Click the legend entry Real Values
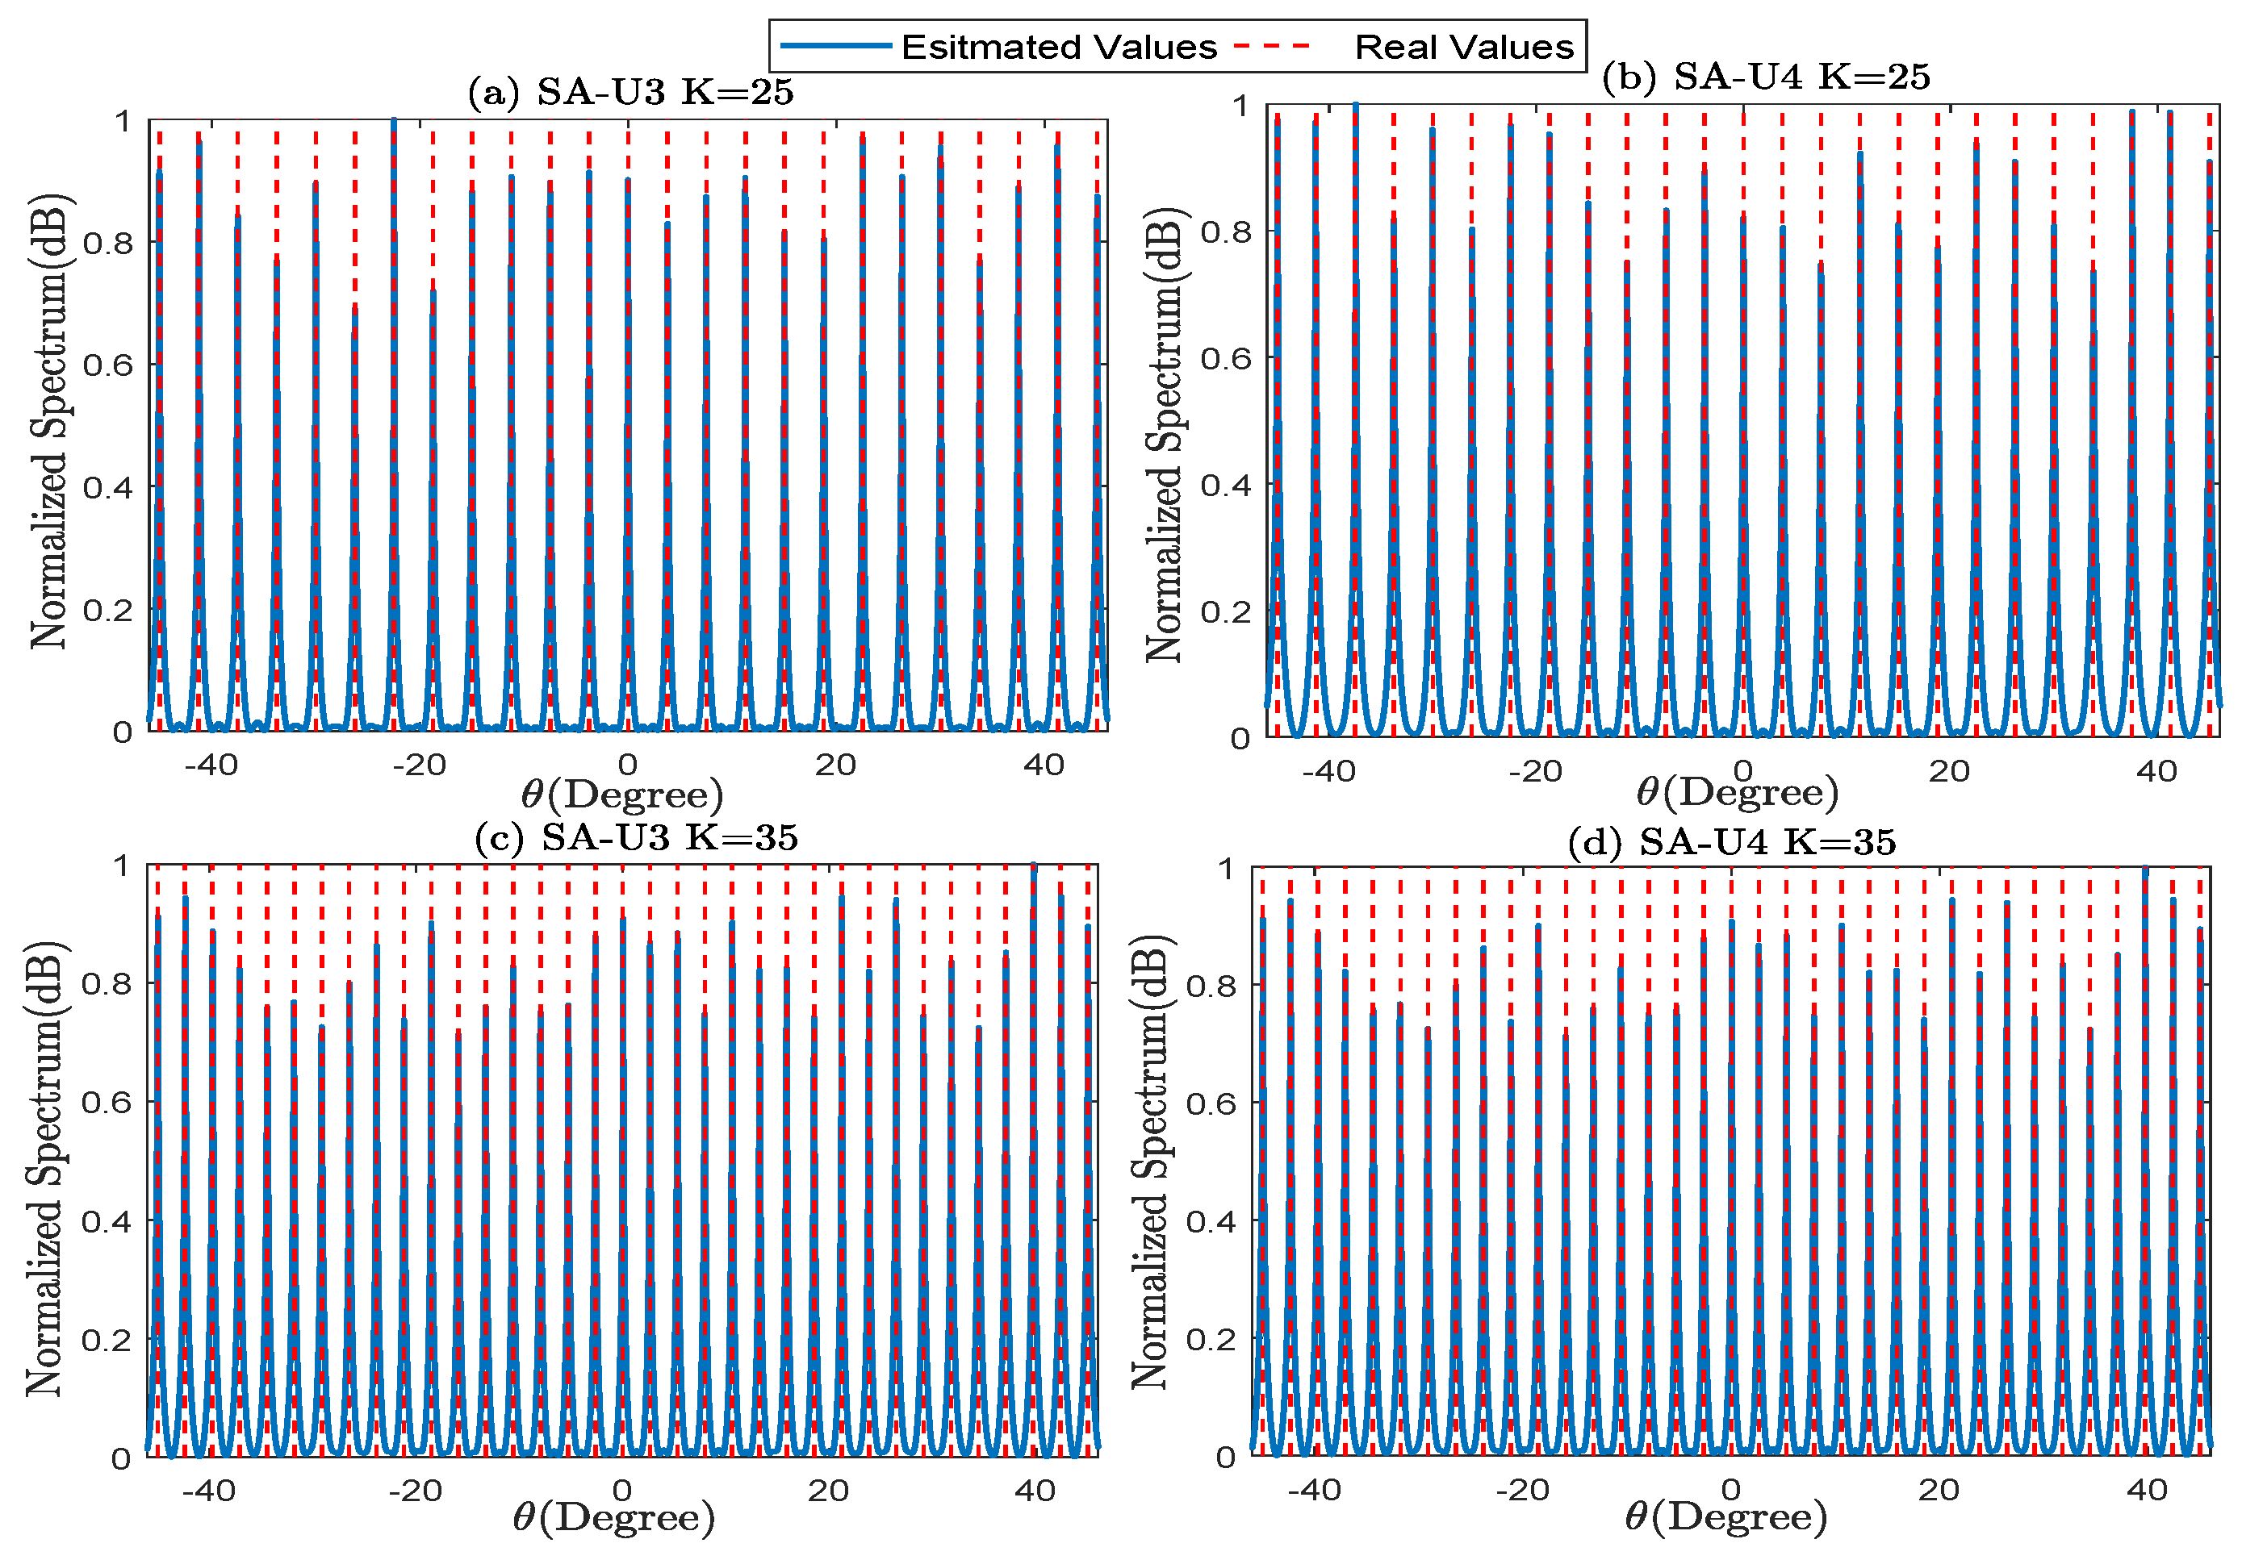pos(1462,47)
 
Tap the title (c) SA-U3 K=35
pos(636,837)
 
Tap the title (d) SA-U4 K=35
pos(1731,841)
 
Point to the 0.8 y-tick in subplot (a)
pos(107,243)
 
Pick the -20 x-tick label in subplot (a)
pos(419,765)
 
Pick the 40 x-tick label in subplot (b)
pos(2156,772)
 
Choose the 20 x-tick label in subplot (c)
pos(828,1491)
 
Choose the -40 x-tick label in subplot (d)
pos(1315,1490)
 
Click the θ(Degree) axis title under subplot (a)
pos(622,795)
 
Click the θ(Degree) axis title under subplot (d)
pos(1725,1518)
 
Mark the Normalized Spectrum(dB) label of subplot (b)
pos(1163,436)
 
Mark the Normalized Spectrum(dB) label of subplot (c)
pos(44,1169)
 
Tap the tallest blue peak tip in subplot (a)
pos(394,122)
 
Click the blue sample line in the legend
pos(836,46)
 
